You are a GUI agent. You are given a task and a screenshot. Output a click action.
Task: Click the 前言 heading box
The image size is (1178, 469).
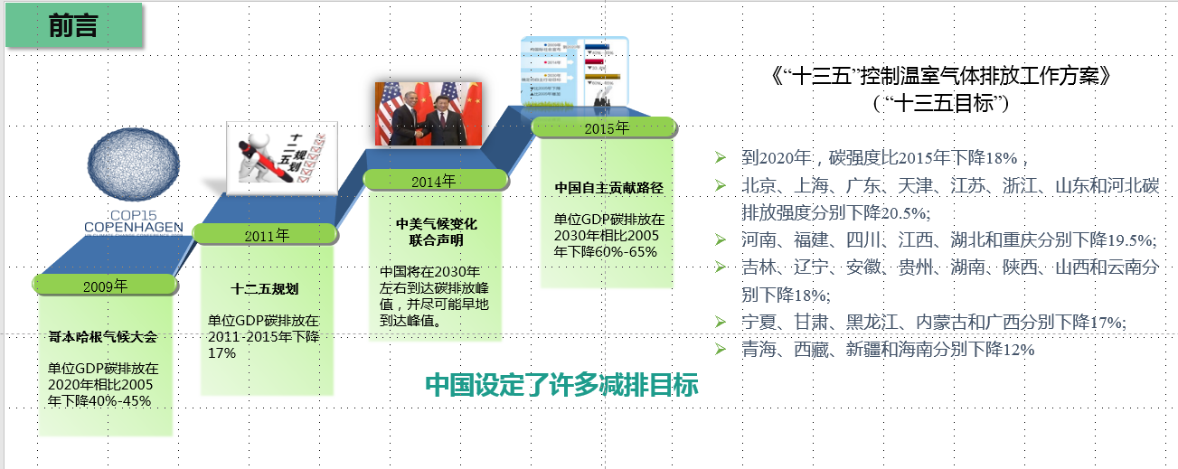point(75,27)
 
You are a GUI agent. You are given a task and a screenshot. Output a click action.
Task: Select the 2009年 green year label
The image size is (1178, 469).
point(105,286)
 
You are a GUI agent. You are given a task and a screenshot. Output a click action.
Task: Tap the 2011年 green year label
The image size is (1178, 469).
point(267,235)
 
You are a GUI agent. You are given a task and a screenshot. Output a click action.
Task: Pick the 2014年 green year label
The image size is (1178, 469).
point(431,180)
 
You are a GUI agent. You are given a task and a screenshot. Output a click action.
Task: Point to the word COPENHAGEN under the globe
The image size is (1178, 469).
point(134,227)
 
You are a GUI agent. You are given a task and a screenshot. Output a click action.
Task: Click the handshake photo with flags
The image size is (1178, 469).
point(428,114)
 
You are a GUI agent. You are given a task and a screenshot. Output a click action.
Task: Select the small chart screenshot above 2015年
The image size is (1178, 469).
point(574,72)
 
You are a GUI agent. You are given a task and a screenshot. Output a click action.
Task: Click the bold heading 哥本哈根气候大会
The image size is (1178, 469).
point(103,337)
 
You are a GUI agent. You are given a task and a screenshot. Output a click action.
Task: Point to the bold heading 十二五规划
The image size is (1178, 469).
point(265,289)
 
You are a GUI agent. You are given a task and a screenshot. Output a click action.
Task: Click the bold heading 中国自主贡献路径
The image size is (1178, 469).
point(609,188)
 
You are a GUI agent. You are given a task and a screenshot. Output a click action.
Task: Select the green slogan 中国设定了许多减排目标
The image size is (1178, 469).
point(561,385)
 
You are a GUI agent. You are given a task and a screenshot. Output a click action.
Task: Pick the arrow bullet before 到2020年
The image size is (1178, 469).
point(720,157)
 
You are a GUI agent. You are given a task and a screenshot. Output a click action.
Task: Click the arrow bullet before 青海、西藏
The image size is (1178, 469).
point(720,348)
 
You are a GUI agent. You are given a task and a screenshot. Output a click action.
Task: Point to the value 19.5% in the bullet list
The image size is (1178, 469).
point(1129,239)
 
